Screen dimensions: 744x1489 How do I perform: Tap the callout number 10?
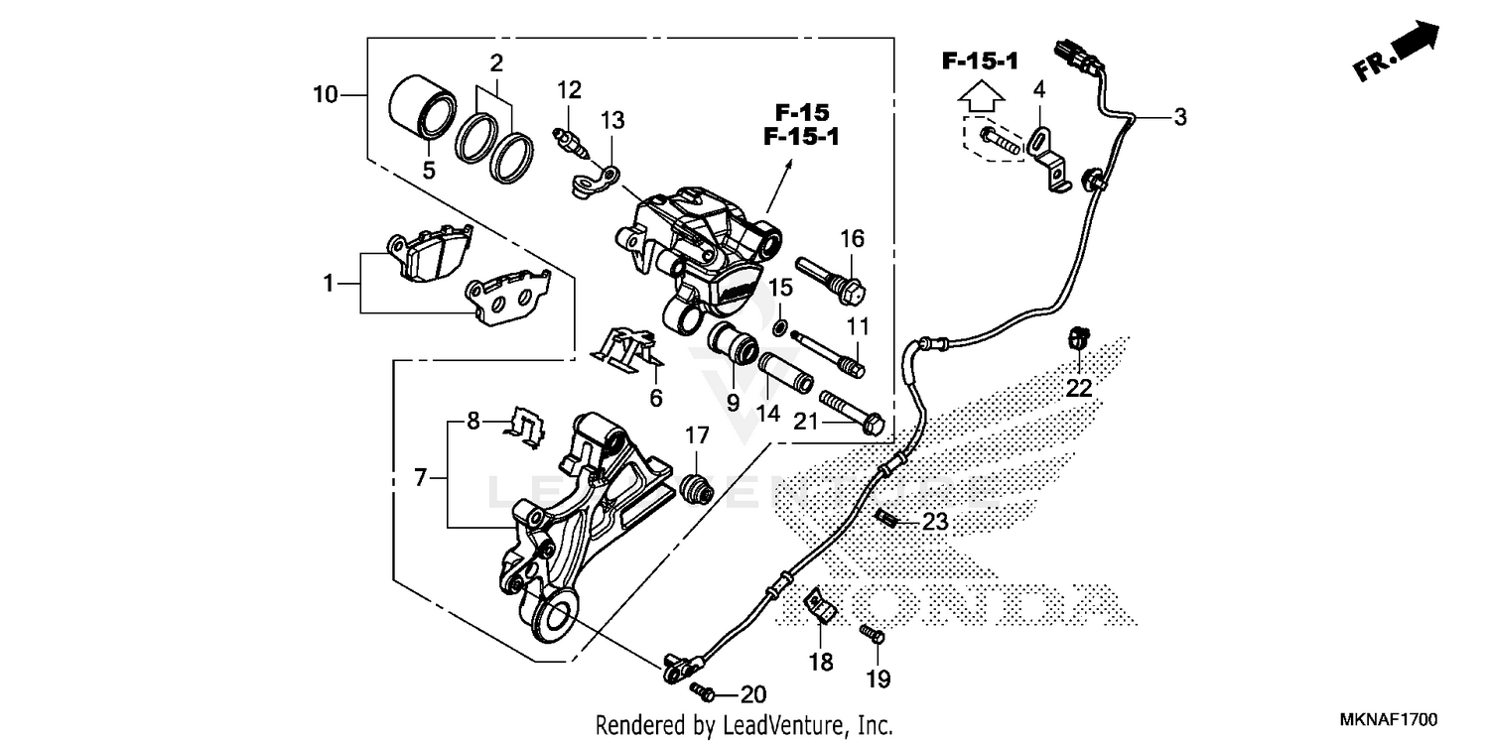pos(325,95)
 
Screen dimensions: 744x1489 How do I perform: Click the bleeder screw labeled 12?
pos(566,139)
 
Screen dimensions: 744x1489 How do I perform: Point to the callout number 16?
pos(853,238)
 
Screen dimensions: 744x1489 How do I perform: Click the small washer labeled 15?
pos(782,326)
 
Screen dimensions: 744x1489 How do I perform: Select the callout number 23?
pos(935,521)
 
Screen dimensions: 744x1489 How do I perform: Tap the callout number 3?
pos(1179,117)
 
